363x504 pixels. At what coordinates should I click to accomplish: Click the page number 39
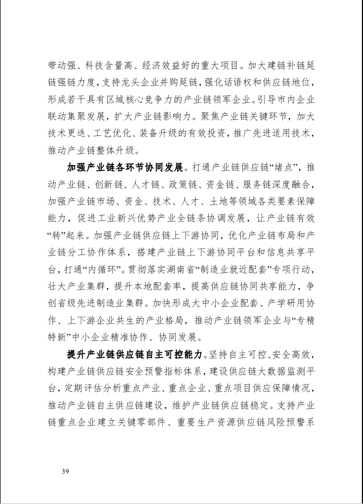65,472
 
